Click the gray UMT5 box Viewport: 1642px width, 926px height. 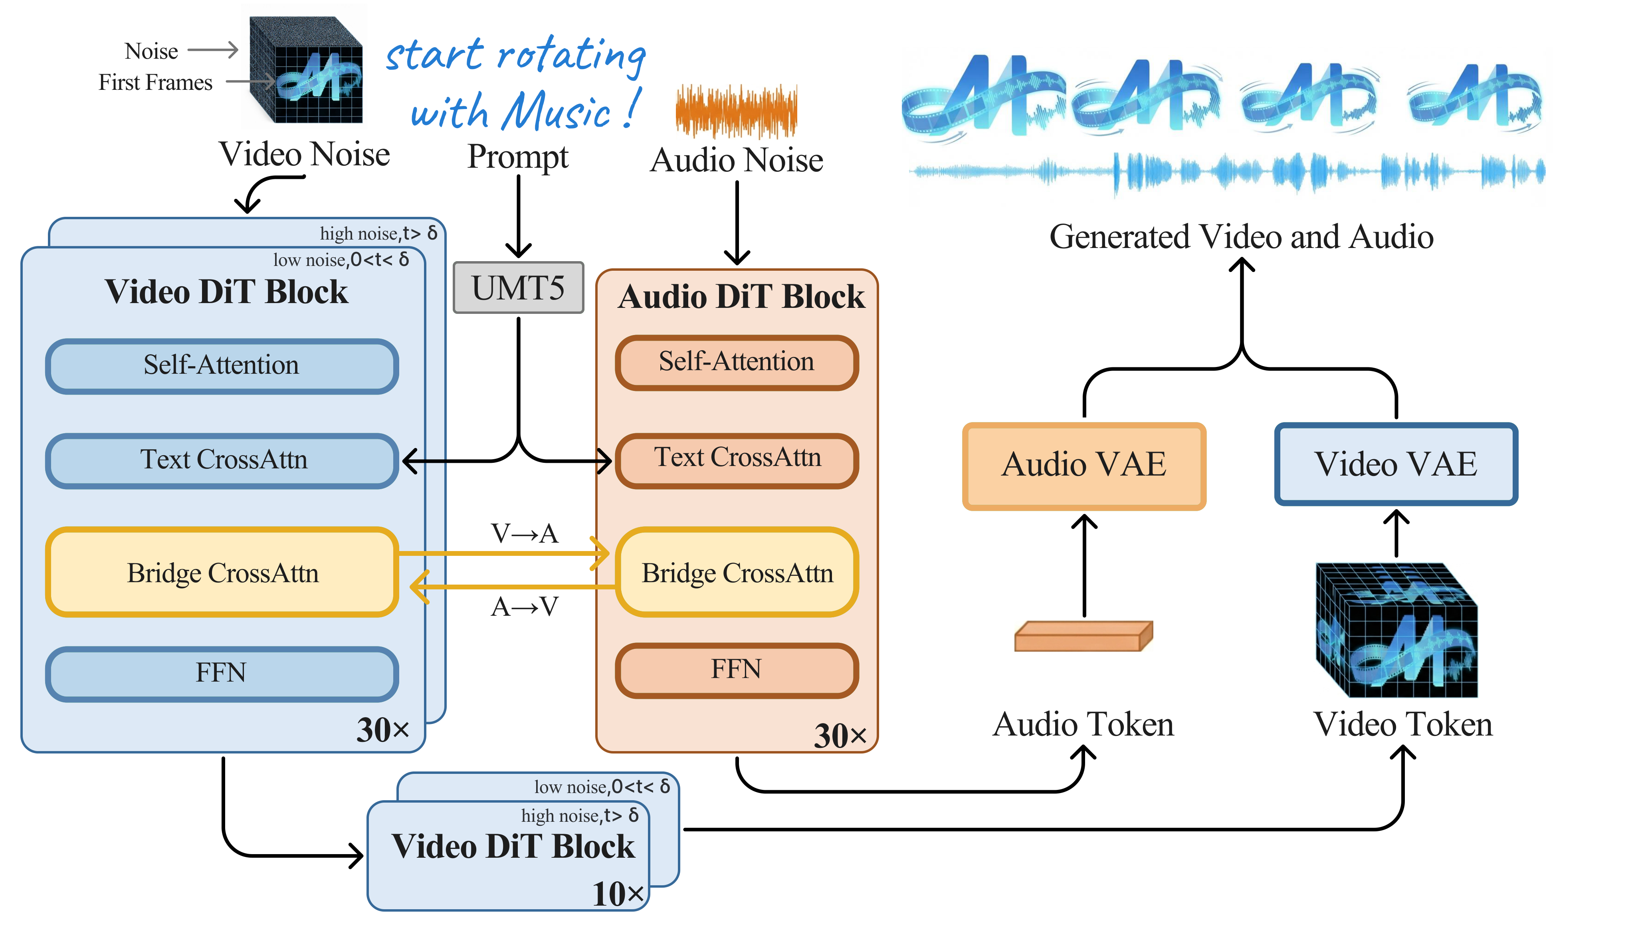point(518,288)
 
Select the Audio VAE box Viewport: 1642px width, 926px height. point(1083,465)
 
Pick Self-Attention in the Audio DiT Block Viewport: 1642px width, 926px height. point(736,362)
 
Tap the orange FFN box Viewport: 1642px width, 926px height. point(736,670)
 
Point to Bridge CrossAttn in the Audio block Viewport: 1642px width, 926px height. point(736,573)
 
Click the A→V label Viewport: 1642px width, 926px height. point(525,607)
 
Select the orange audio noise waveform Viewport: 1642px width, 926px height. point(736,111)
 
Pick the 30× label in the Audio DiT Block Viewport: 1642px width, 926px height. point(840,736)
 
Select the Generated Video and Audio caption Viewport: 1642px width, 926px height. point(1241,237)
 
